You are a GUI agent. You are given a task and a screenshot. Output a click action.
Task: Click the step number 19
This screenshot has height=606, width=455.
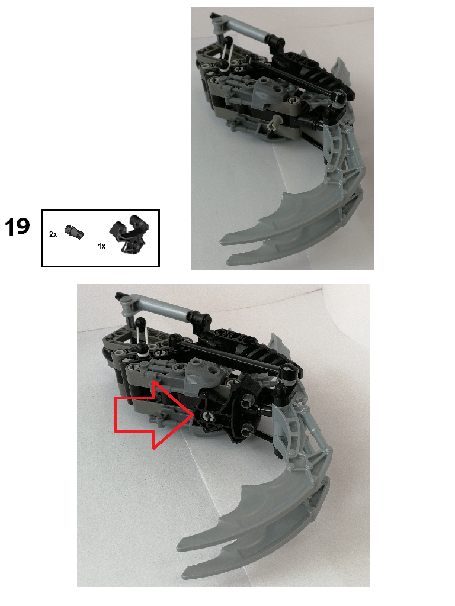[x=17, y=227]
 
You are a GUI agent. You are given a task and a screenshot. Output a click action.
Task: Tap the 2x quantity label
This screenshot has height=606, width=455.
[x=53, y=234]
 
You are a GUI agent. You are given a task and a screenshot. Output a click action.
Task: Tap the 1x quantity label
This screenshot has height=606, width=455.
[x=101, y=246]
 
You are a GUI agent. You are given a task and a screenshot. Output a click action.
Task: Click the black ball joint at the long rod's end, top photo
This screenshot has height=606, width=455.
[x=337, y=97]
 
